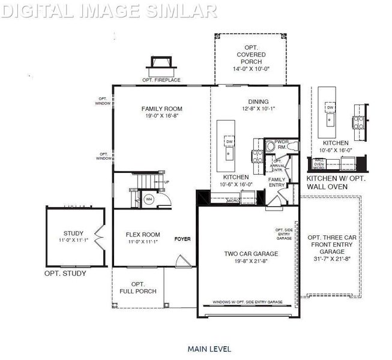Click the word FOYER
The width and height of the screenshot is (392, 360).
click(182, 239)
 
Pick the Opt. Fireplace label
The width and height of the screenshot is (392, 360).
click(162, 80)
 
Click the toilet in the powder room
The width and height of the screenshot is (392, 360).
click(271, 146)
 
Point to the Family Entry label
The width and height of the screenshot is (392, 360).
click(277, 182)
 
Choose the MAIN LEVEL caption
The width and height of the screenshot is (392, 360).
click(209, 348)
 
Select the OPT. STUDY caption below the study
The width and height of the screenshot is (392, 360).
click(65, 274)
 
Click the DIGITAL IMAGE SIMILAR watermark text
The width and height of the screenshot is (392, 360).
click(108, 10)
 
